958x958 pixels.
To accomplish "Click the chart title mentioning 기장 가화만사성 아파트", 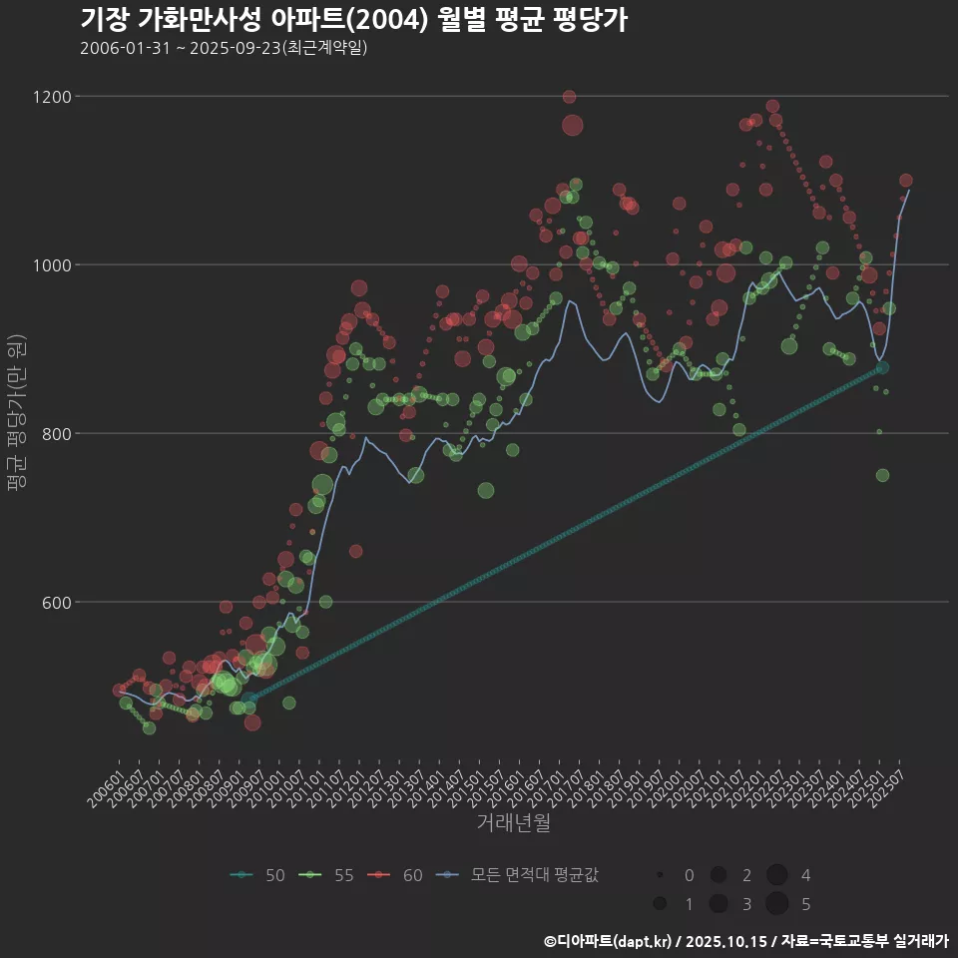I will coord(353,20).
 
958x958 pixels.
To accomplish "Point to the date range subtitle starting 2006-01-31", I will coord(224,48).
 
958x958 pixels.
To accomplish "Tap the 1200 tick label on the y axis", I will coord(51,97).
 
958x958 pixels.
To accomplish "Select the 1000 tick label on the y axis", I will coord(51,265).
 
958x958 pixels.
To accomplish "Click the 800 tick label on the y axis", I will coord(55,434).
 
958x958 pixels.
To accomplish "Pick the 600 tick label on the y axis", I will coord(55,603).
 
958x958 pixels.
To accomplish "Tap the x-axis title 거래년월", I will coord(514,823).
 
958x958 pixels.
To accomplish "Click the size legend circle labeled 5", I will coord(777,904).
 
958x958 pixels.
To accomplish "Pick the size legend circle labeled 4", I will coord(777,875).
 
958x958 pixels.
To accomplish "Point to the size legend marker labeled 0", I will coord(661,875).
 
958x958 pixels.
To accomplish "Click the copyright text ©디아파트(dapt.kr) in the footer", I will coord(609,940).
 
